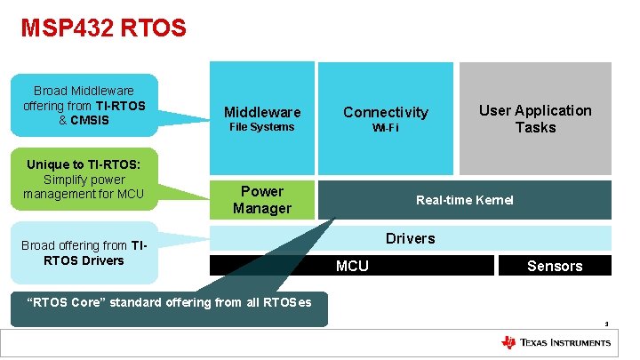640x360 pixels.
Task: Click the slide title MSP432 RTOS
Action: pos(104,28)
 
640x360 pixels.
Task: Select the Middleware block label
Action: pos(262,112)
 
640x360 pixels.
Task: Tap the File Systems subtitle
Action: pos(261,127)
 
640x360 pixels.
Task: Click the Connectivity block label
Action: pos(386,112)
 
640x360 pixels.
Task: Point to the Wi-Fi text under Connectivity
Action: pos(386,128)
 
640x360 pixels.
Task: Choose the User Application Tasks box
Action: pos(535,118)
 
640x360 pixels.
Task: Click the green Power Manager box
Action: pos(262,200)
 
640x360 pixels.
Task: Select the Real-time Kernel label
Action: pos(464,200)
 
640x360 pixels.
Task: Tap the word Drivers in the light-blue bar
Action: pos(410,238)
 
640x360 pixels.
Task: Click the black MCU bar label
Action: pos(352,266)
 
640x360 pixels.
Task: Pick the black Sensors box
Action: pos(555,266)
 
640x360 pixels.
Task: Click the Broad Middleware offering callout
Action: pos(84,105)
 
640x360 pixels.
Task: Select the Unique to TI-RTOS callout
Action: pos(84,179)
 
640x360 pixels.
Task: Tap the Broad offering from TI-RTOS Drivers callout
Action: pos(84,252)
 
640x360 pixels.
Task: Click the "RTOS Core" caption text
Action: pos(170,302)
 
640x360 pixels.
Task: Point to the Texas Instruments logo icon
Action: pos(509,343)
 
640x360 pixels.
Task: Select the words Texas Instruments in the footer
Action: pos(565,343)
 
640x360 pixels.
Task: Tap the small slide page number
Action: pos(606,324)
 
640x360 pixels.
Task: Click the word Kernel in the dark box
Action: pos(494,200)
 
